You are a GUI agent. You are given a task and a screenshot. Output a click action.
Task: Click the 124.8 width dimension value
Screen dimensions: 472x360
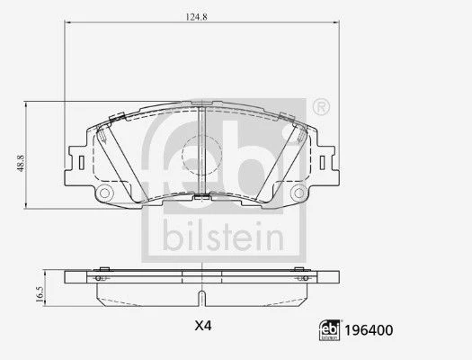pos(196,17)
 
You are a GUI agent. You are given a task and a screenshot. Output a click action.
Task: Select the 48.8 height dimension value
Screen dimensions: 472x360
pos(21,163)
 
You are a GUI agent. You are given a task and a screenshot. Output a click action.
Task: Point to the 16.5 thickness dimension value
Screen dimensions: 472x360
pos(40,294)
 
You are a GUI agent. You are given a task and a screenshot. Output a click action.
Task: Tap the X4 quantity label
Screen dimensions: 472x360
pos(203,326)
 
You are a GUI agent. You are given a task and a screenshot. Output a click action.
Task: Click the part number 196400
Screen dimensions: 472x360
pos(369,330)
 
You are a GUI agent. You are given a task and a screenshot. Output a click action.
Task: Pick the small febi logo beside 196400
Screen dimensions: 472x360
pos(330,330)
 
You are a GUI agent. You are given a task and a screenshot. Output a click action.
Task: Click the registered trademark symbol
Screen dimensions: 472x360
pos(322,106)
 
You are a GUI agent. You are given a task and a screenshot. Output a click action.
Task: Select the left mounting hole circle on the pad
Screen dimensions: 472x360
pos(104,193)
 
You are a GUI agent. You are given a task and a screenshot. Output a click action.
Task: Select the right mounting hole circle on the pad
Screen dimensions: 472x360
pos(298,193)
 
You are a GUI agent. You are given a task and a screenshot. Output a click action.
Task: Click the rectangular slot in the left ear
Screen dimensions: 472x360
pos(81,163)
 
